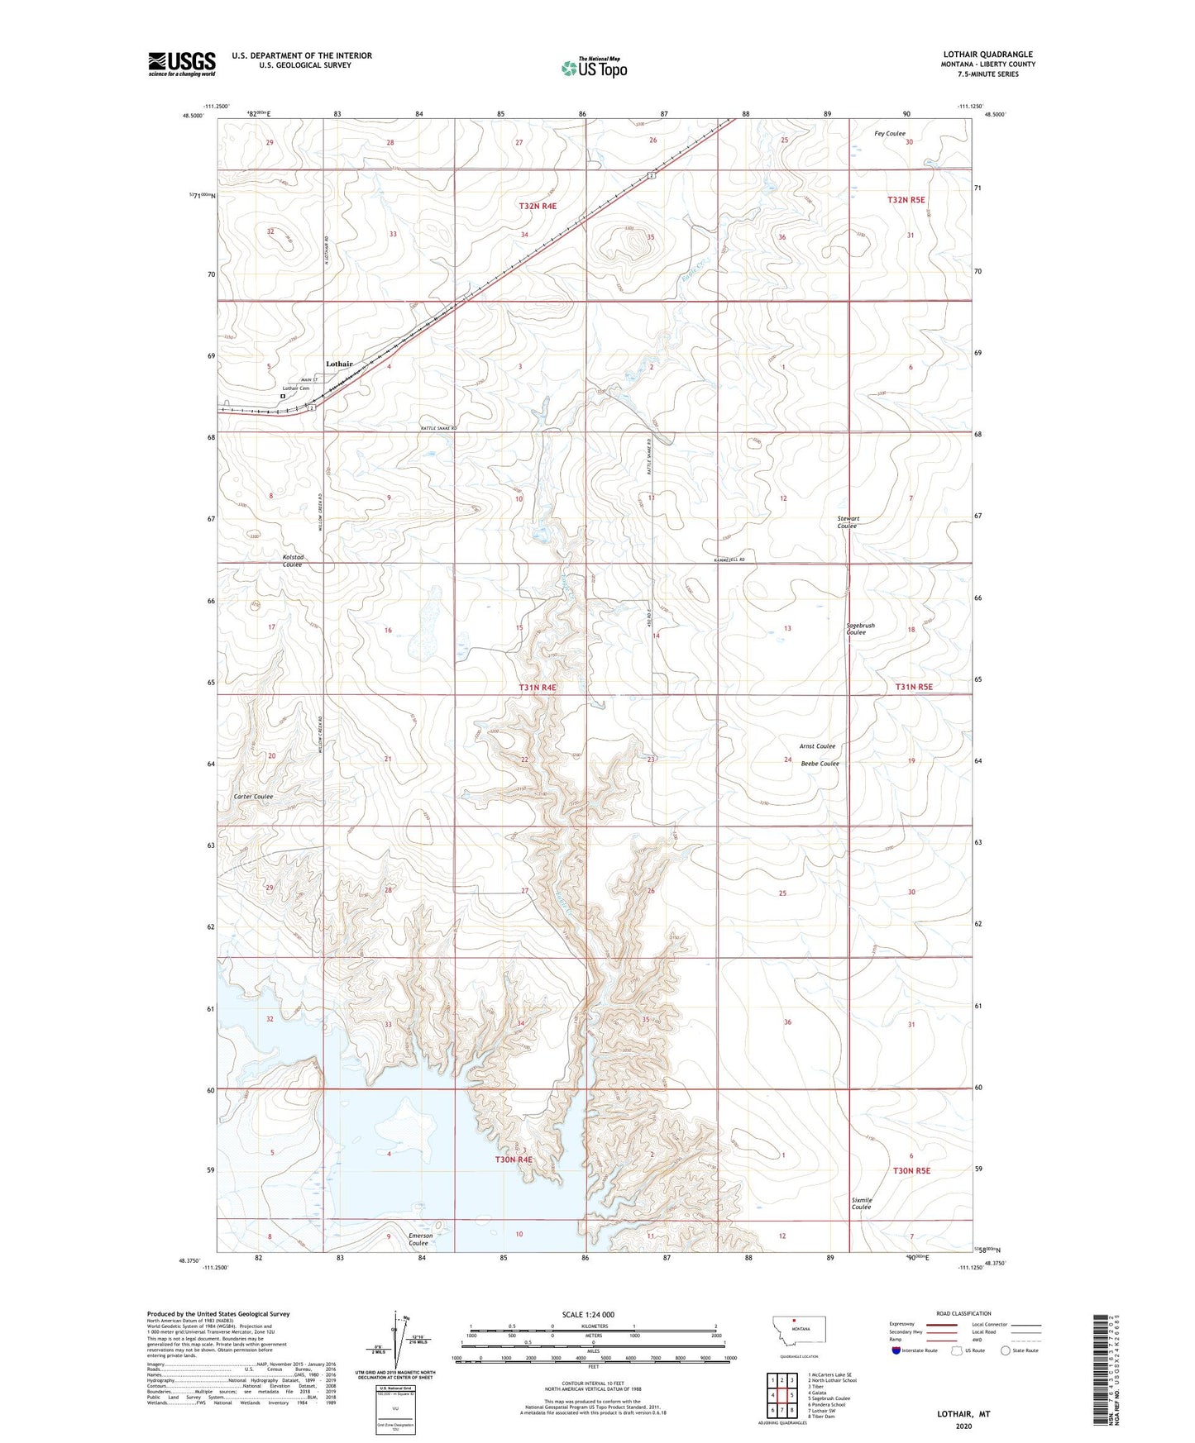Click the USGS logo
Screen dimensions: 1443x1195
pos(181,64)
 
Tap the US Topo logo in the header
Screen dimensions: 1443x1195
pos(593,68)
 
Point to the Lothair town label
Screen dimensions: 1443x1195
pos(339,364)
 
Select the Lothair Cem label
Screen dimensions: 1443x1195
pos(295,388)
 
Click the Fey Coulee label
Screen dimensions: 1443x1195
pos(890,133)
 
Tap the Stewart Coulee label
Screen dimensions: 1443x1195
pos(848,522)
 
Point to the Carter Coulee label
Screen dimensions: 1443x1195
pos(253,797)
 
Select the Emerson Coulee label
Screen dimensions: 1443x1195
pos(420,1239)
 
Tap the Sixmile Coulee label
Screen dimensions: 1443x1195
pos(861,1203)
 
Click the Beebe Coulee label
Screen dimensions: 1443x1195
pos(820,764)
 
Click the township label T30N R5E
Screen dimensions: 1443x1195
pos(911,1170)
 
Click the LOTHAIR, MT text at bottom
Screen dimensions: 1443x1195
pos(963,1414)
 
